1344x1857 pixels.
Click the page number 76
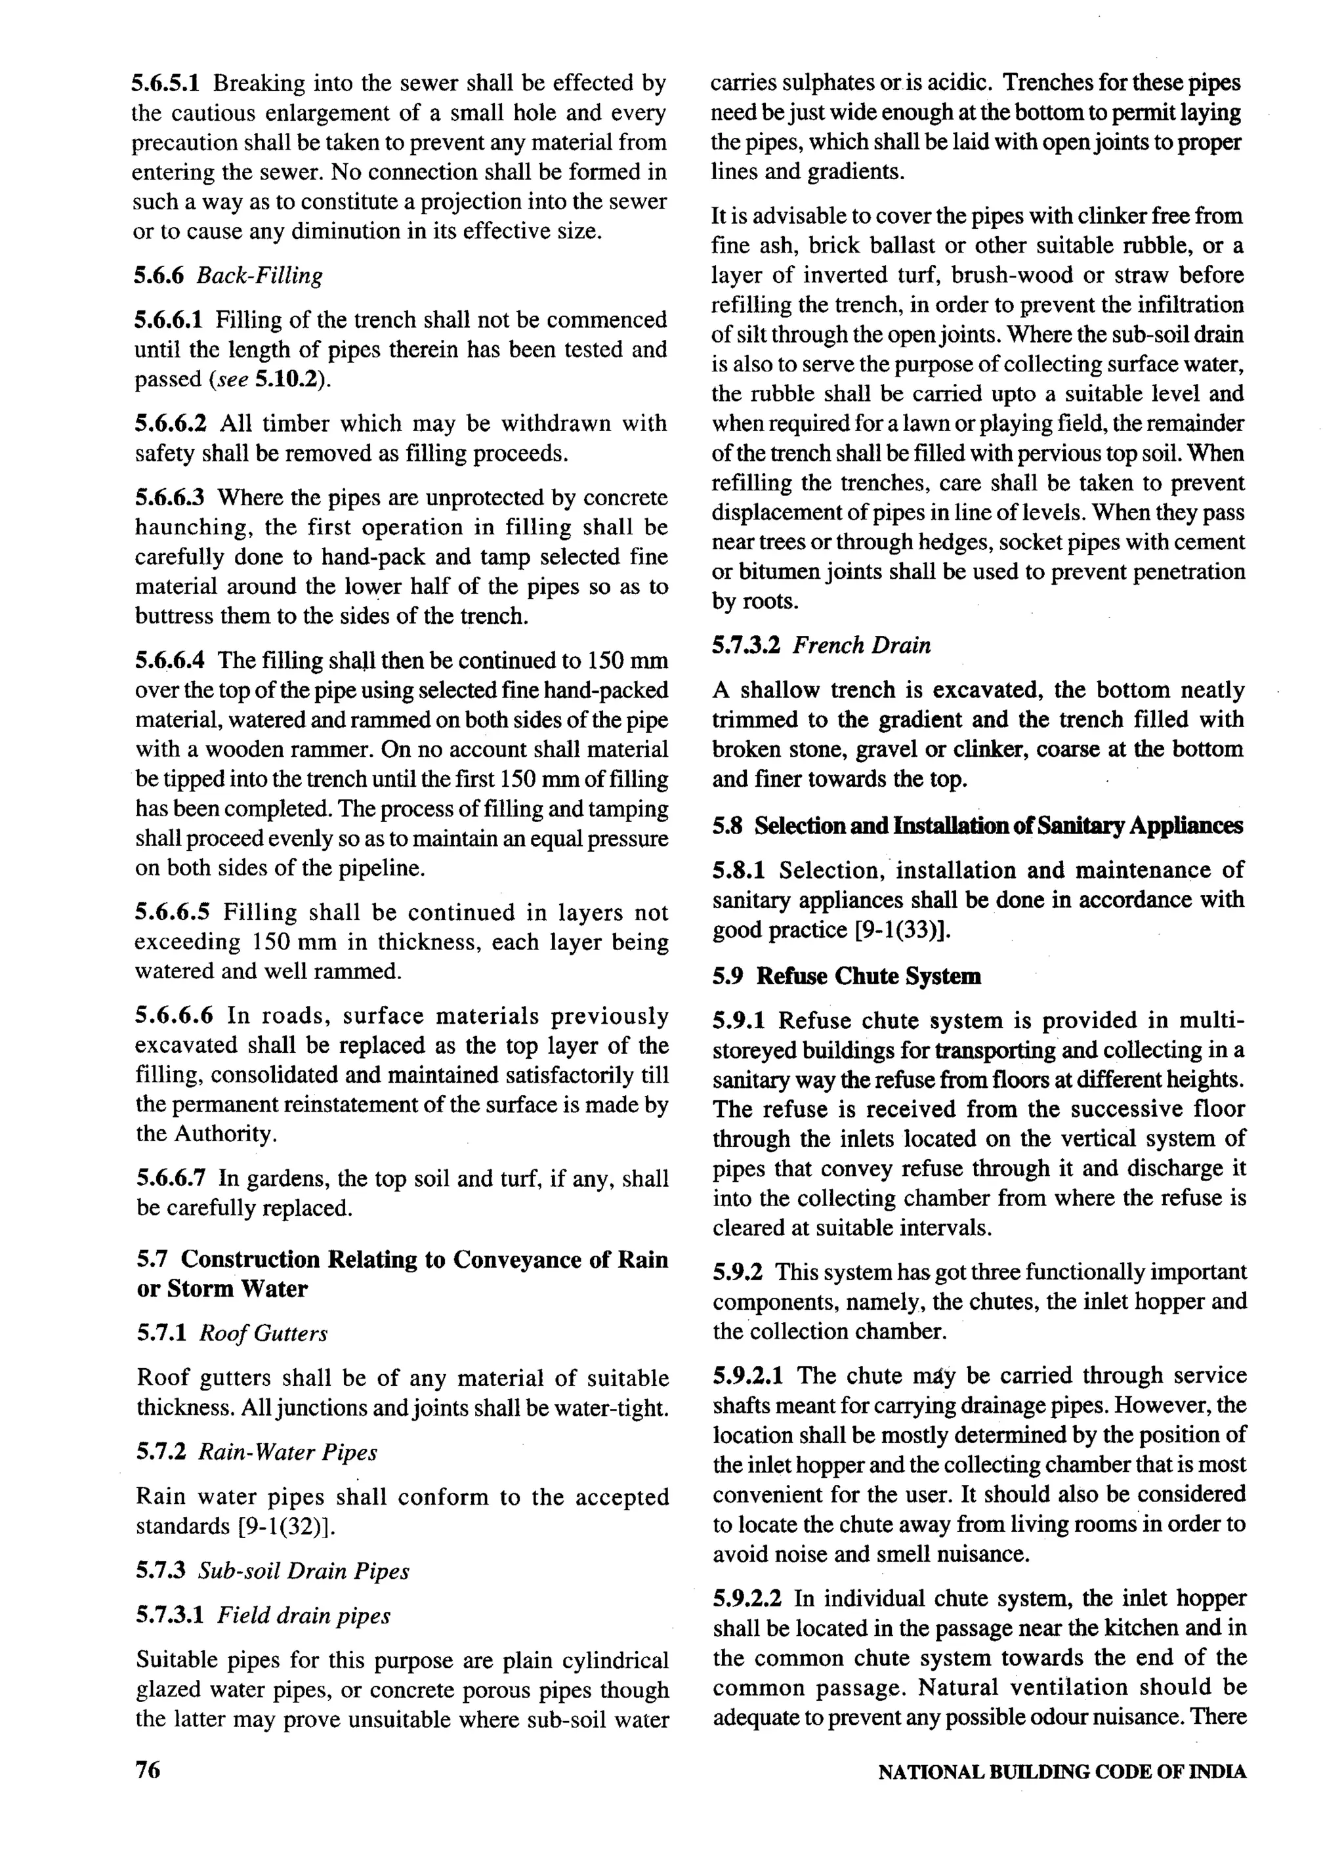click(148, 1770)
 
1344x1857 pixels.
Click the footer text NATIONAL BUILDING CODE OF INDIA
click(1061, 1772)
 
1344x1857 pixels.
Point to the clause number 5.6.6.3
click(171, 498)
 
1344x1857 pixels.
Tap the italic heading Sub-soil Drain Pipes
click(304, 1570)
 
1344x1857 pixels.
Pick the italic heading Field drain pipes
click(304, 1616)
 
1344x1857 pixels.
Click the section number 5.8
click(726, 825)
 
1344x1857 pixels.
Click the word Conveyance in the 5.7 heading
click(514, 1259)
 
